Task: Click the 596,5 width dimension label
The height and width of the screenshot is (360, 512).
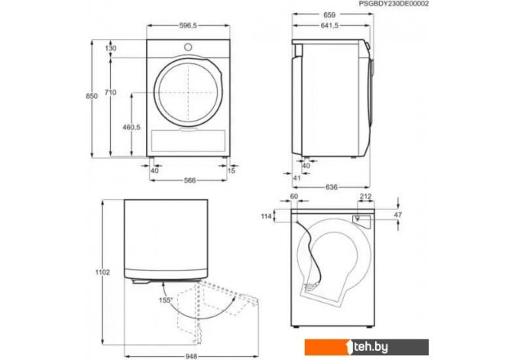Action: click(188, 26)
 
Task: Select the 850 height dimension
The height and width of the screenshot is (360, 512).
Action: click(92, 96)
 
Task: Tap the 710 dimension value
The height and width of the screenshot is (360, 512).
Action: click(110, 92)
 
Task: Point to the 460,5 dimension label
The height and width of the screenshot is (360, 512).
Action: click(131, 127)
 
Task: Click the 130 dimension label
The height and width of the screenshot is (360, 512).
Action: click(111, 48)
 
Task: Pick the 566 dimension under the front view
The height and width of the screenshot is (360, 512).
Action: click(190, 180)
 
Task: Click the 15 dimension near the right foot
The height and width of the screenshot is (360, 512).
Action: click(232, 170)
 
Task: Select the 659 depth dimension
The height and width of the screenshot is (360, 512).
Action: click(329, 15)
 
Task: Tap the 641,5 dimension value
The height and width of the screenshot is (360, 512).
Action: click(329, 26)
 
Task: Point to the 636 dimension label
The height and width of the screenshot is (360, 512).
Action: click(332, 187)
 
